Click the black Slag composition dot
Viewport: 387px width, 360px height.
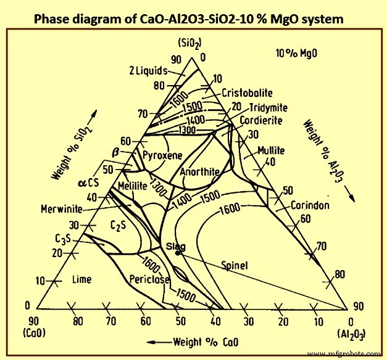click(178, 252)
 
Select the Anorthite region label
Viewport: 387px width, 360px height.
click(201, 173)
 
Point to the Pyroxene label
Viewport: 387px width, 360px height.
click(162, 155)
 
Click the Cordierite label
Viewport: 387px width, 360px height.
click(262, 120)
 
